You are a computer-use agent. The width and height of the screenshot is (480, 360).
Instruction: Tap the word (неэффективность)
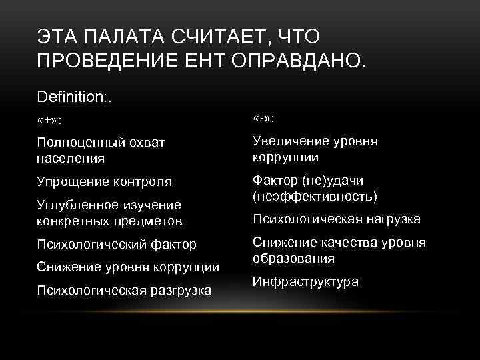(x=315, y=196)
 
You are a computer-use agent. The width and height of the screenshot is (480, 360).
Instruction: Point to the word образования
(x=293, y=258)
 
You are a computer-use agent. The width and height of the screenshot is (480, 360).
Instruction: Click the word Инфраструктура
(x=305, y=281)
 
